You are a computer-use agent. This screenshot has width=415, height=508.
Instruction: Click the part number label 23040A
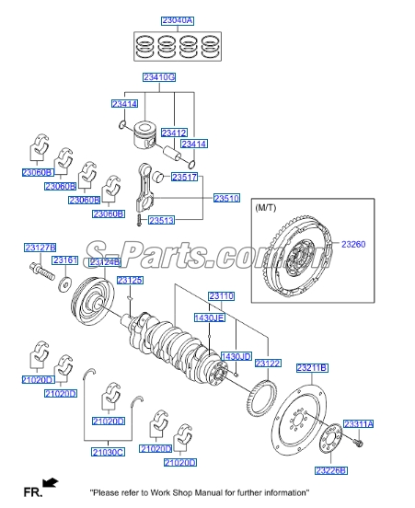(x=178, y=20)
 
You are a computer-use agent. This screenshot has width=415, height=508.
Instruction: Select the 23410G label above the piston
(x=160, y=77)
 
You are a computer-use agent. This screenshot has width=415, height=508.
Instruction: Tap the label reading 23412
(x=174, y=133)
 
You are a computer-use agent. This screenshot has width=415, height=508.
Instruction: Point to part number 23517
(x=185, y=176)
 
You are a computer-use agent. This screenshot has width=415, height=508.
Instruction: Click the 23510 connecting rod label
(x=226, y=198)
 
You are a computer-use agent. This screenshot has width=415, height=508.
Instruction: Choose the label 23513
(x=162, y=220)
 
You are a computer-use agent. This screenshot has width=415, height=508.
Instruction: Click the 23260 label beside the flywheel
(x=353, y=244)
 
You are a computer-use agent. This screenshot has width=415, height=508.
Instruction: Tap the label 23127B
(x=40, y=248)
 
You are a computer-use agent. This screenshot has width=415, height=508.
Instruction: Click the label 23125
(x=130, y=280)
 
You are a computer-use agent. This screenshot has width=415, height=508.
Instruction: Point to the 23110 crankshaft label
(x=221, y=295)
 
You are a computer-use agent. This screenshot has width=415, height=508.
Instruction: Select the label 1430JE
(x=209, y=317)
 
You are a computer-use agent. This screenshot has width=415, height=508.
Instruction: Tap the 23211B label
(x=311, y=368)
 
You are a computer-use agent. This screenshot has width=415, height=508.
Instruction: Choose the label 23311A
(x=358, y=424)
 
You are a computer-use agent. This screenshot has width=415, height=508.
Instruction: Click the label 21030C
(x=108, y=452)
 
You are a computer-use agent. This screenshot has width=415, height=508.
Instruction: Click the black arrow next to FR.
(x=51, y=481)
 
